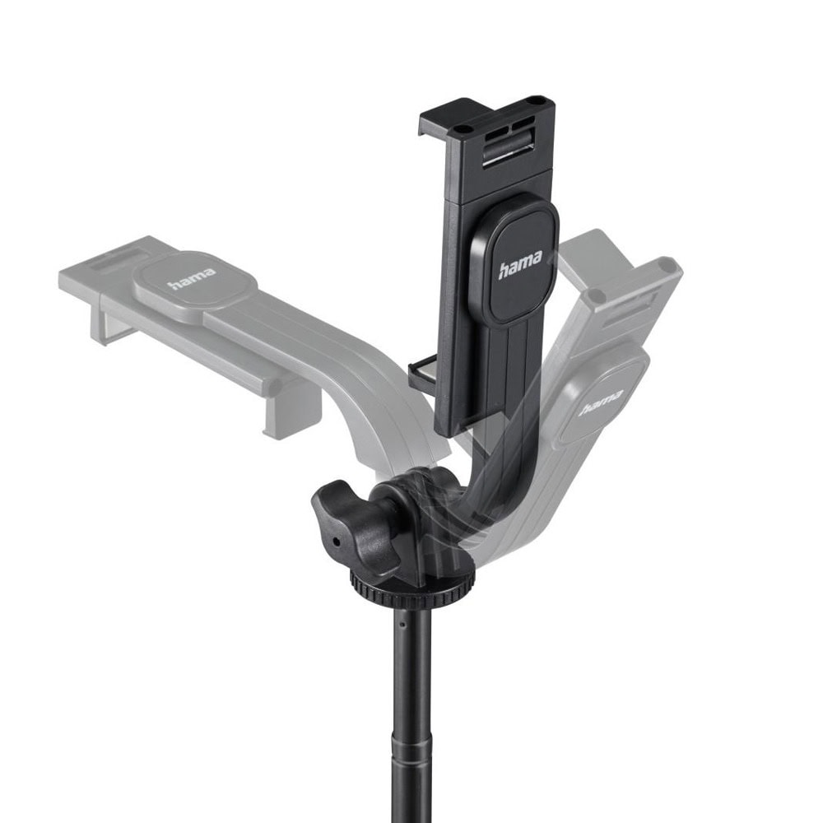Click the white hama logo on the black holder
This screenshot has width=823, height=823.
(x=519, y=263)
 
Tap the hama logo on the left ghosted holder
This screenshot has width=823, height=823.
(x=192, y=279)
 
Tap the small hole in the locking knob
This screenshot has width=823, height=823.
(x=334, y=540)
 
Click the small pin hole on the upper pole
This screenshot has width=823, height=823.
(x=401, y=625)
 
